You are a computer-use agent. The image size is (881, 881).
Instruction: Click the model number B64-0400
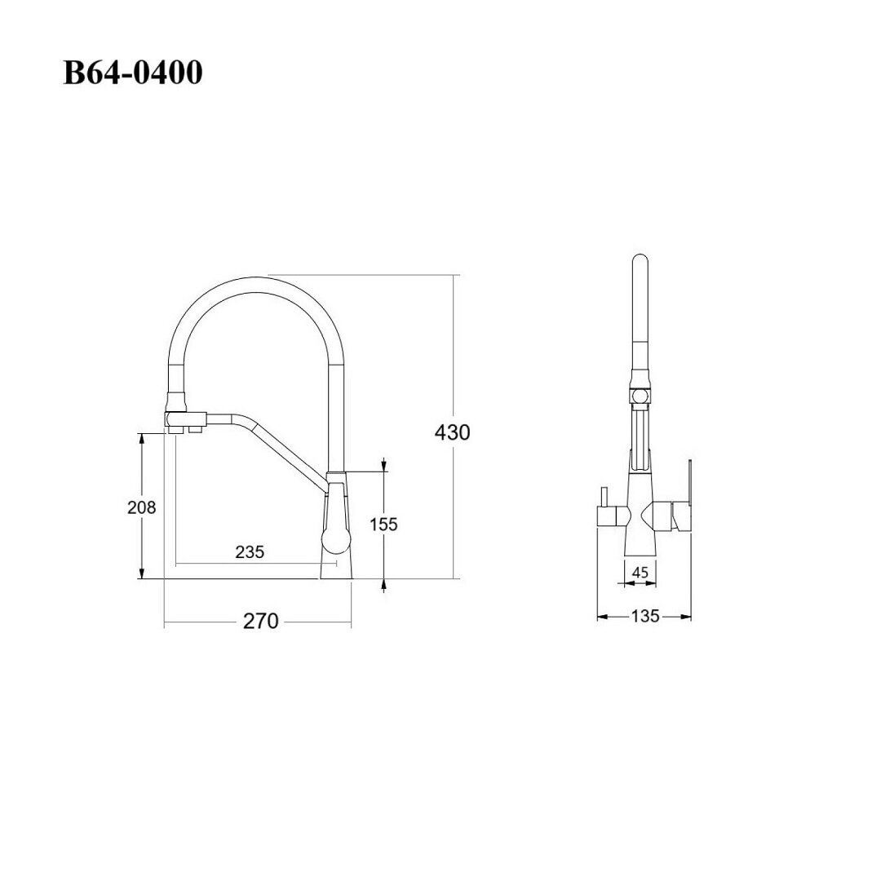click(133, 73)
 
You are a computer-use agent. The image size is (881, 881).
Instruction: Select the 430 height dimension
click(452, 432)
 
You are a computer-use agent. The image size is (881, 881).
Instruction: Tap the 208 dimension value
click(142, 507)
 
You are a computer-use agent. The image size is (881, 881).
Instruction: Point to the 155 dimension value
click(383, 525)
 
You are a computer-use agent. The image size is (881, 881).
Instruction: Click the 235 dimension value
click(250, 551)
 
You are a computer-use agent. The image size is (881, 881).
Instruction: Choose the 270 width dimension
click(261, 622)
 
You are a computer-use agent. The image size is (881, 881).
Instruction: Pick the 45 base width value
click(640, 573)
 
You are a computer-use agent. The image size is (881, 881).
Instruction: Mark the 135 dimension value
click(644, 617)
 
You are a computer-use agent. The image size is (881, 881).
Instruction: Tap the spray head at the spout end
click(185, 422)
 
